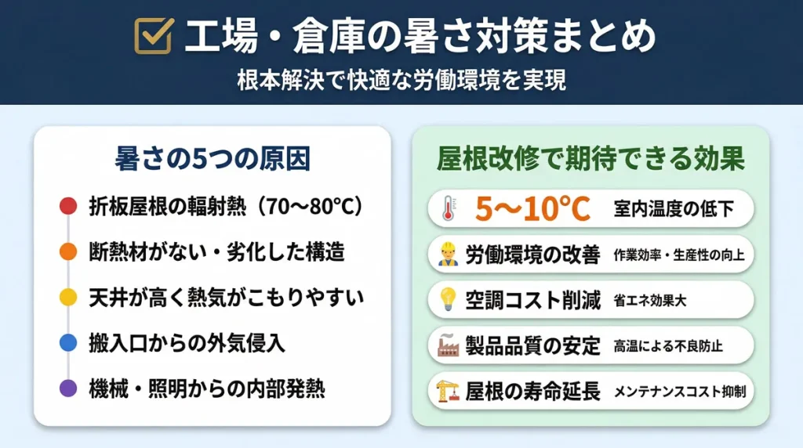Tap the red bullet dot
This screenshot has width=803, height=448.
[68, 206]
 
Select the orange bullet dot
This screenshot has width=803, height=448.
[68, 251]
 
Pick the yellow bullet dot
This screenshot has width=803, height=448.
[68, 297]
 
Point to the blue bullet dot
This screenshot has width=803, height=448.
[68, 342]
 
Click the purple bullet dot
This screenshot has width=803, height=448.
[68, 388]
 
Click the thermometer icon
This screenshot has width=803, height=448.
[449, 208]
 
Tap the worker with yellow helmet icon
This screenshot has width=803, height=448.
[448, 255]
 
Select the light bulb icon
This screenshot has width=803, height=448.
[448, 299]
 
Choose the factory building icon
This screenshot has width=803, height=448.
[448, 345]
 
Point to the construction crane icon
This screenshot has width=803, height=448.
[448, 391]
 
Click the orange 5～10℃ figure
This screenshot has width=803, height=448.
[532, 208]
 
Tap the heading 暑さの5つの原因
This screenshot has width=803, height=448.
[213, 158]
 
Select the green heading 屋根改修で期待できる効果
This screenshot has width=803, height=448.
[590, 158]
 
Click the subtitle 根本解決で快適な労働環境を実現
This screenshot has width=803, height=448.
[401, 80]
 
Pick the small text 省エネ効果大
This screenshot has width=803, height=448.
[650, 300]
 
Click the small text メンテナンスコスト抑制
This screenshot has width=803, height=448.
[680, 392]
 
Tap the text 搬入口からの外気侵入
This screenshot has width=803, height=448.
[187, 342]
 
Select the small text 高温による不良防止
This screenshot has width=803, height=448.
[668, 346]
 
